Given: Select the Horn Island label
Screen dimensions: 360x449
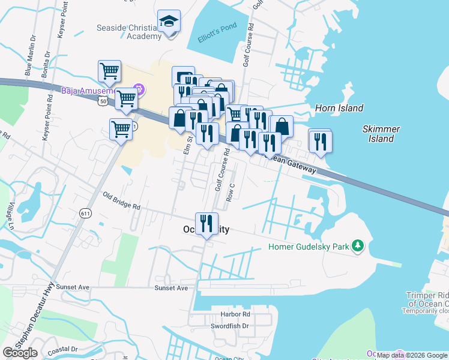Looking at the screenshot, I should (x=339, y=108).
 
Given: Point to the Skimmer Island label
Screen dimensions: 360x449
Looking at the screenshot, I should (x=381, y=134).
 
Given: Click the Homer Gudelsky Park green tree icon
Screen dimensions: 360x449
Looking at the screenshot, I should (x=358, y=246).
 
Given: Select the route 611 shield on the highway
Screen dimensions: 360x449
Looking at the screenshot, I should (x=86, y=213).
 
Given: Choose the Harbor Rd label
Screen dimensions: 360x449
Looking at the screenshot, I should (x=235, y=314).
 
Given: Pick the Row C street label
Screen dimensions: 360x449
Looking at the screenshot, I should (x=230, y=193).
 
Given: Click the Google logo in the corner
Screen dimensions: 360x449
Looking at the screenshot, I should (x=20, y=353).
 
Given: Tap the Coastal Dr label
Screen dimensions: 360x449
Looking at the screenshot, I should (x=62, y=349).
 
